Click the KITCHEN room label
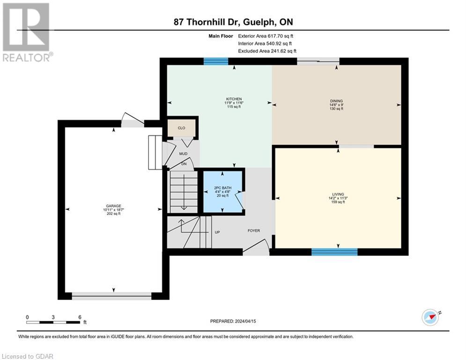pyautogui.click(x=233, y=99)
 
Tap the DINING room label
pyautogui.click(x=336, y=101)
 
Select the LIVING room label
pyautogui.click(x=338, y=194)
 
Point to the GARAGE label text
pyautogui.click(x=113, y=205)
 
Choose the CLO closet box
pyautogui.click(x=181, y=127)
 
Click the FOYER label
pyautogui.click(x=253, y=231)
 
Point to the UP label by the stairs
pyautogui.click(x=217, y=232)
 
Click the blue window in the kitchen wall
pyautogui.click(x=215, y=61)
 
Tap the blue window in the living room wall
pyautogui.click(x=334, y=252)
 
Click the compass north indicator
pyautogui.click(x=430, y=316)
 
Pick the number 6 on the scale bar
pyautogui.click(x=80, y=317)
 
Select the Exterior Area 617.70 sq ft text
pyautogui.click(x=266, y=36)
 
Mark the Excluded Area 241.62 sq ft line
pyautogui.click(x=267, y=51)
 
